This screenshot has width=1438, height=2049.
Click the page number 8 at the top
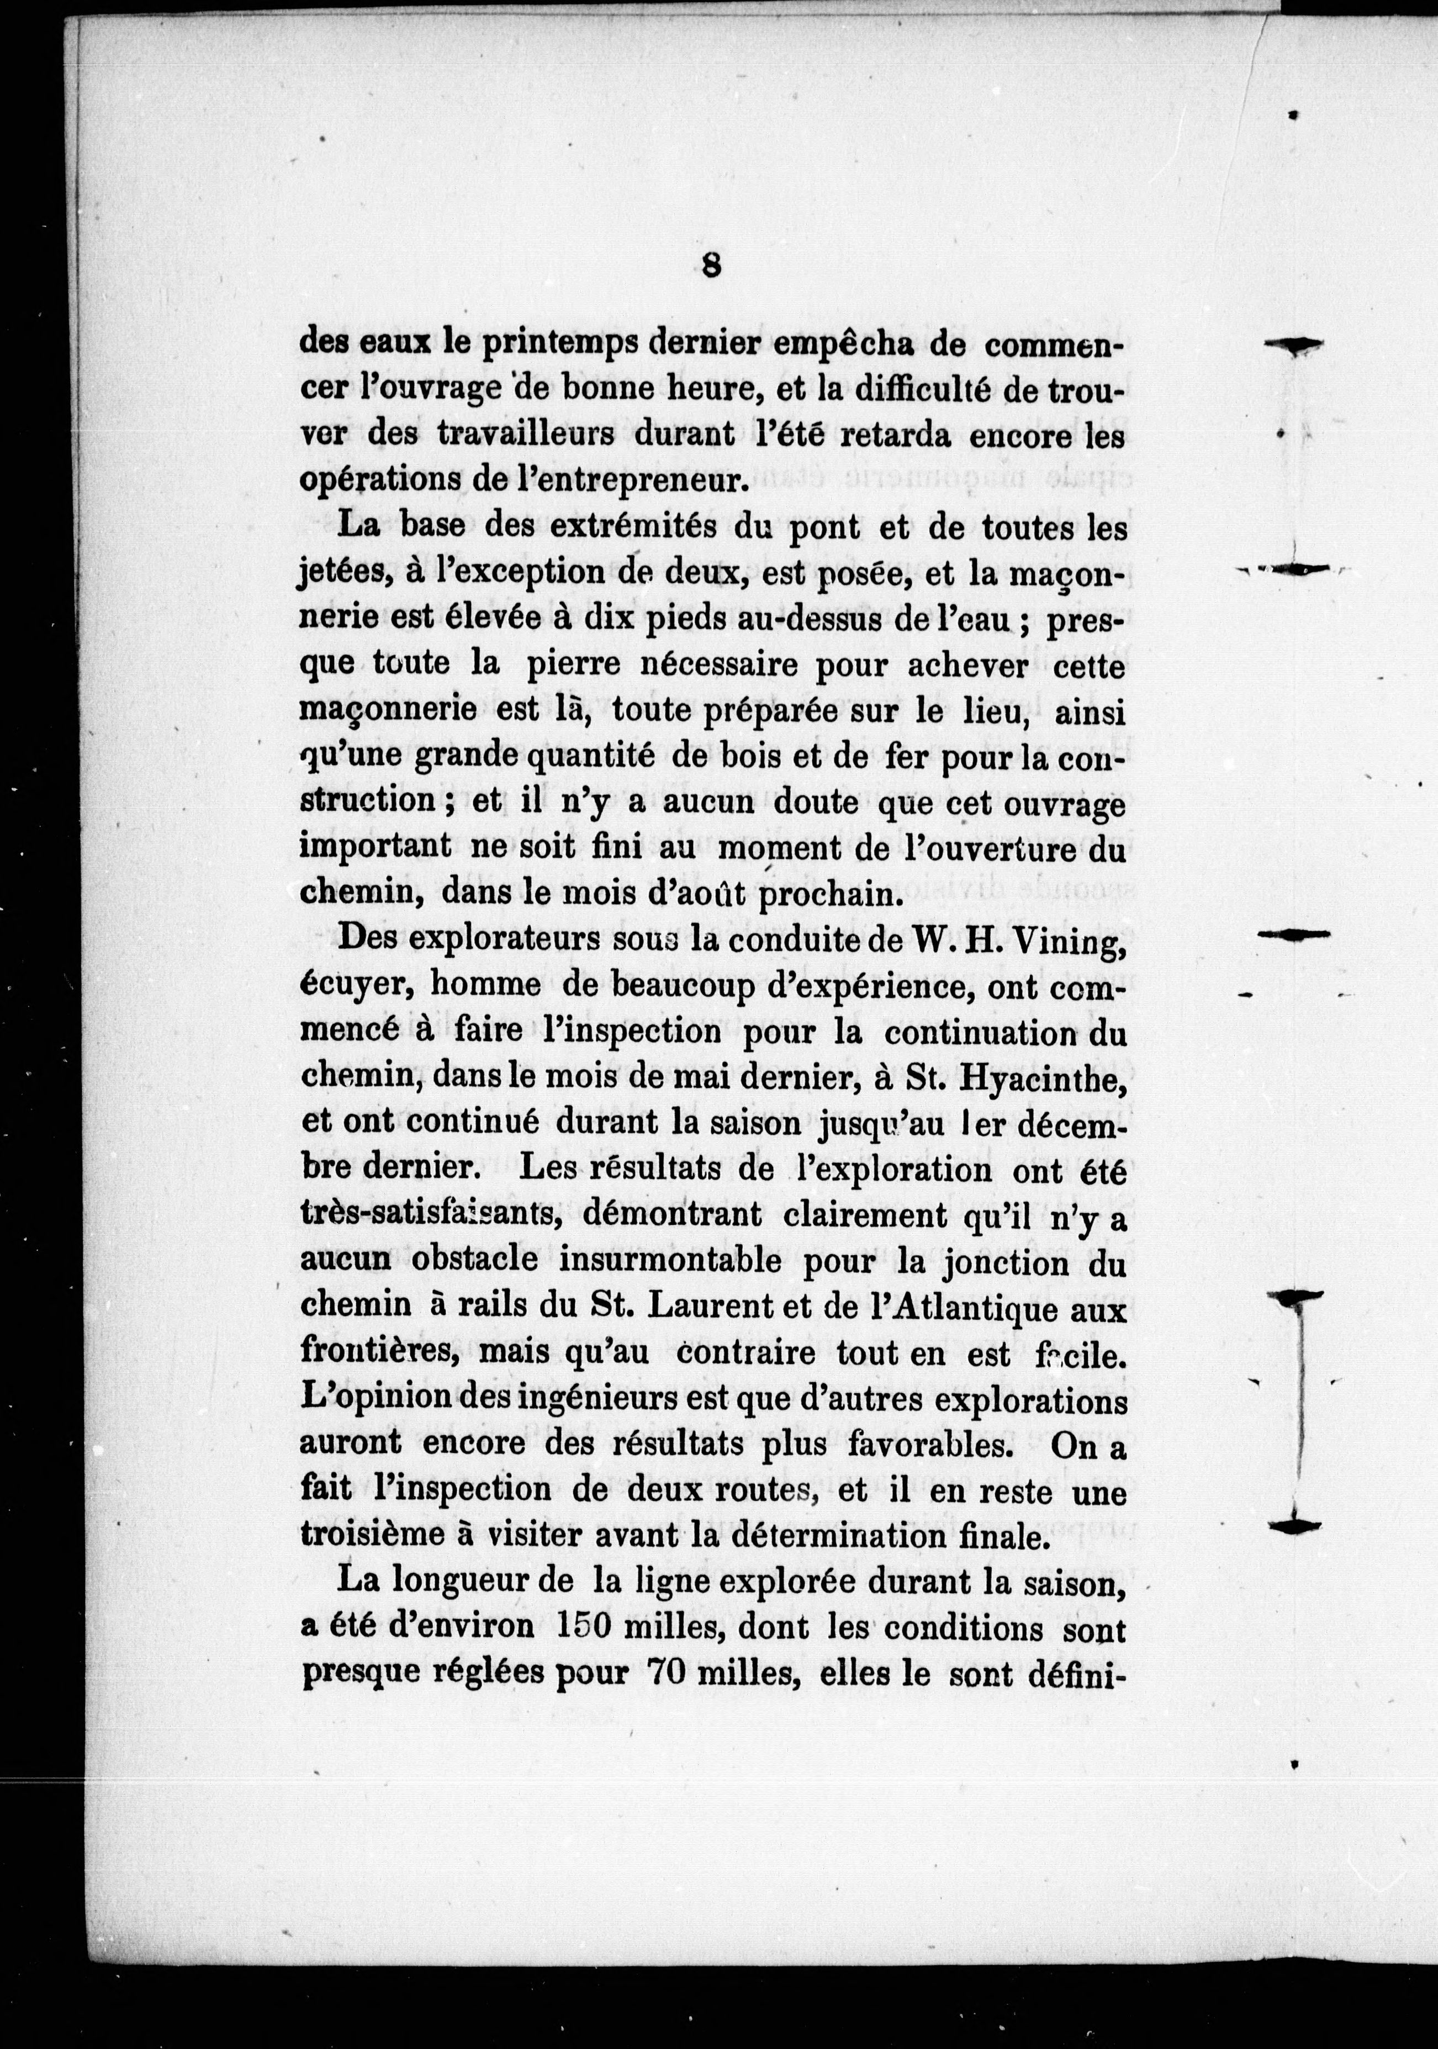pos(711,266)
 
